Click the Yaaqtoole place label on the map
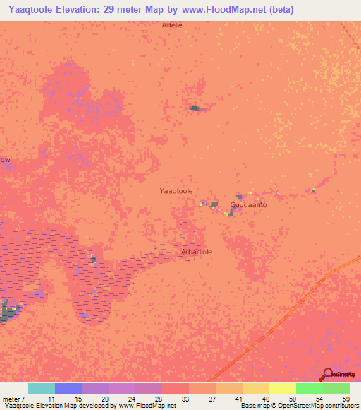pos(176,191)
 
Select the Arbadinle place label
pos(197,251)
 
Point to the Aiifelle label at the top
pos(172,25)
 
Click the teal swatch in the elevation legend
pos(42,388)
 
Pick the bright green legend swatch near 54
pos(309,388)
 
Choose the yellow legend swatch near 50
pos(282,388)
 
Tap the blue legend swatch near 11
pos(68,388)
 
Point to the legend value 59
pos(345,399)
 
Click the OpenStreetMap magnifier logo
pos(328,375)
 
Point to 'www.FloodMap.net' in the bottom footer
pos(147,406)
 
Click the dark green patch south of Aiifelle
pos(195,108)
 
